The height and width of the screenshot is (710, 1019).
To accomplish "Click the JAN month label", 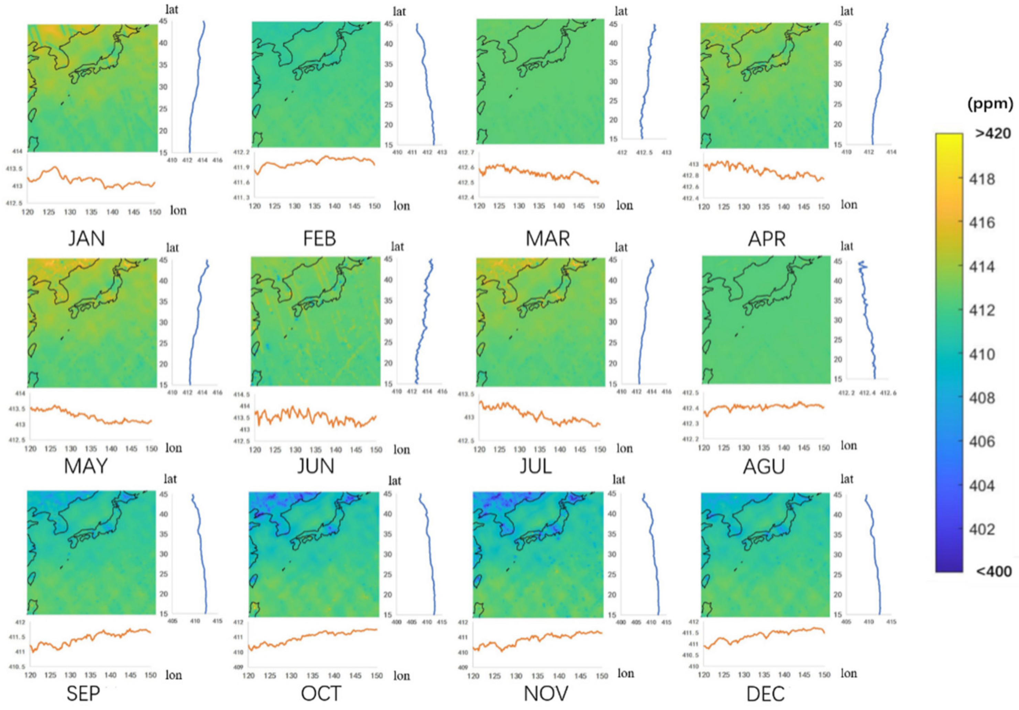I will (x=87, y=239).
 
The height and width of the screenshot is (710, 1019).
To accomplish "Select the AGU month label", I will (x=764, y=466).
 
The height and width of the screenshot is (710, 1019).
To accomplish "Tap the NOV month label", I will (x=546, y=693).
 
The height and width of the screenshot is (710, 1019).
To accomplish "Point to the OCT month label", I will (x=321, y=693).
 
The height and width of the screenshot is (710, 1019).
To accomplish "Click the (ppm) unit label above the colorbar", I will (x=990, y=104).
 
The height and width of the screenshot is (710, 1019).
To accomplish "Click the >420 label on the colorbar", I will (x=993, y=133).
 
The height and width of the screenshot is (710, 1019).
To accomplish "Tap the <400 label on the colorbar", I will (x=994, y=571).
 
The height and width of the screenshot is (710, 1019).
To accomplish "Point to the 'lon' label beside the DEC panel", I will (x=848, y=673).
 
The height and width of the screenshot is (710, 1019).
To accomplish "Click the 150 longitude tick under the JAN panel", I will (x=154, y=212).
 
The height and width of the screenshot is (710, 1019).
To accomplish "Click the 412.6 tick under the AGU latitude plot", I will (x=888, y=393).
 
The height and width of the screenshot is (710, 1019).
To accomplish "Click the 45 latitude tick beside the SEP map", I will (x=164, y=494).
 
